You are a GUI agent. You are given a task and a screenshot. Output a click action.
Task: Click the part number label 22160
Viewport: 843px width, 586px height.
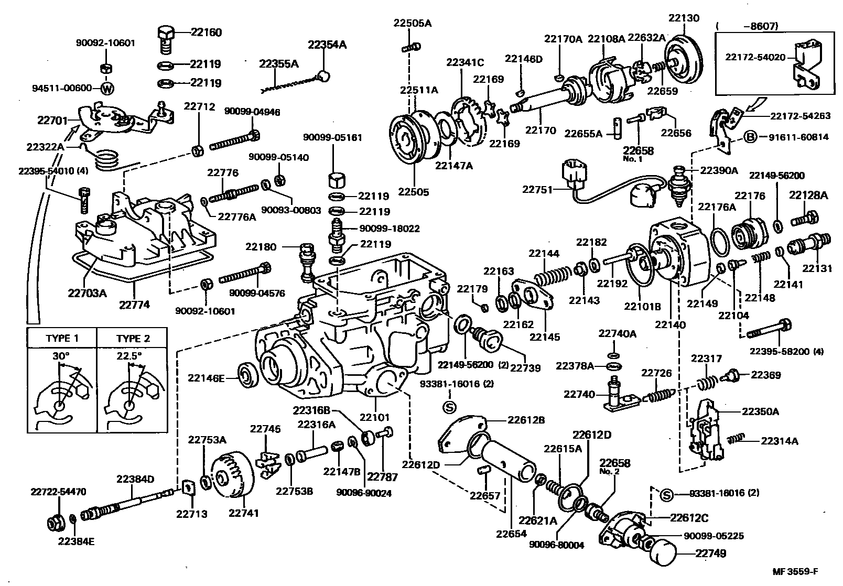pos(206,32)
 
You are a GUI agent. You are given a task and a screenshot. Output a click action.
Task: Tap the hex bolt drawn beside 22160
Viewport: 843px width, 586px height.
pos(166,38)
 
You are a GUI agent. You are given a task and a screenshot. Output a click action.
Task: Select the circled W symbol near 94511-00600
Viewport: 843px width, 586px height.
pos(106,89)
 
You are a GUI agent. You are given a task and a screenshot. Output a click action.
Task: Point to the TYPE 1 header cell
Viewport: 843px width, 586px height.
pos(62,338)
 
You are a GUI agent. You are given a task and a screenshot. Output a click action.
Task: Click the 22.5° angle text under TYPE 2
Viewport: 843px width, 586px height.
pos(129,356)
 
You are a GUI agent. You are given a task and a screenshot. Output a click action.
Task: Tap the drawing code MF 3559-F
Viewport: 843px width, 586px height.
pos(795,571)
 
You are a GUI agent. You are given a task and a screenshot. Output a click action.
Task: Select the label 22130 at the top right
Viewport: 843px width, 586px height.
pos(684,18)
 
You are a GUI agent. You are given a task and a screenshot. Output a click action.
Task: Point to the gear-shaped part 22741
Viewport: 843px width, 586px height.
pos(231,476)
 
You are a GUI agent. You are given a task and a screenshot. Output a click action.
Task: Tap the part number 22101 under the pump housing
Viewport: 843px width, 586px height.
pos(374,418)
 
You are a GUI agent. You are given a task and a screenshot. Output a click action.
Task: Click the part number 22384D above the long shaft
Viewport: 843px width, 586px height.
pos(135,479)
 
